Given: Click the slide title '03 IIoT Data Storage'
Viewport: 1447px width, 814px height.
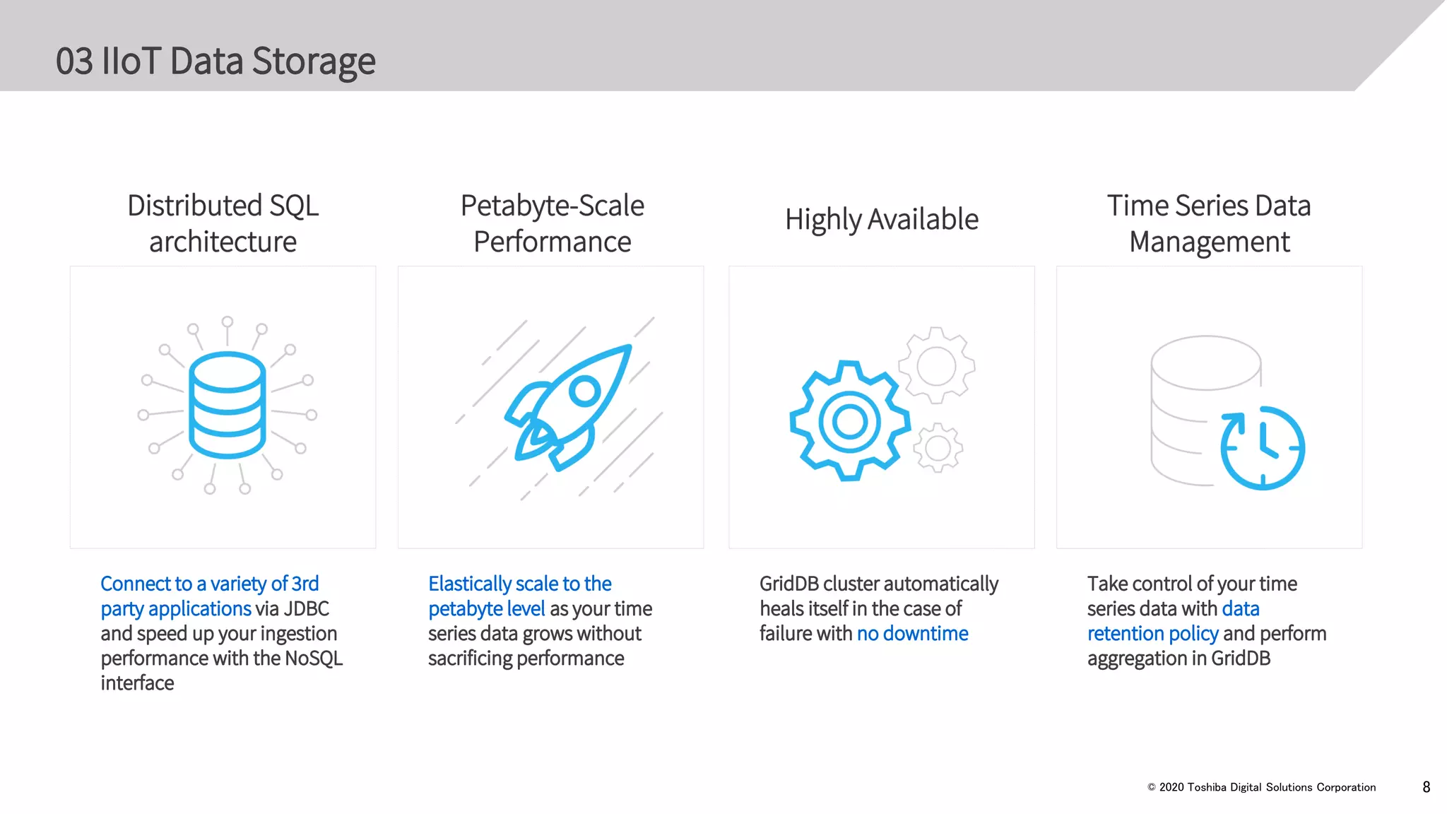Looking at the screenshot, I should [215, 61].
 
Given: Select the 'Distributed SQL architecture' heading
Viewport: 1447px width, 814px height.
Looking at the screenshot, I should [223, 223].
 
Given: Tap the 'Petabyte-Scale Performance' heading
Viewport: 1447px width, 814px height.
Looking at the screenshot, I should [552, 223].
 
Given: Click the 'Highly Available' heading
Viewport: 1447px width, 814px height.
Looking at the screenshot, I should [881, 219].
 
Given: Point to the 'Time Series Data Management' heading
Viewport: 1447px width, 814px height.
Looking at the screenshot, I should [1209, 223].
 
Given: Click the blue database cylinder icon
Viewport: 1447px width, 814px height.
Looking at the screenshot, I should [227, 405].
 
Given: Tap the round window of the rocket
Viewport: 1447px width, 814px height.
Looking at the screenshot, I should [584, 390].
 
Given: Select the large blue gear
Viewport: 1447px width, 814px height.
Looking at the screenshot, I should [849, 422].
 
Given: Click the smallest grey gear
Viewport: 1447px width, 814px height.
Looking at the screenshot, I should [938, 447].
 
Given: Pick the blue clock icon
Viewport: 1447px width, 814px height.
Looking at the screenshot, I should [1263, 447].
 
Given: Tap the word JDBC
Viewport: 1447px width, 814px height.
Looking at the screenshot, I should [306, 608].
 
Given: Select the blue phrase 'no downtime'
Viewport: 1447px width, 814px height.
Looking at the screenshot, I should [912, 633].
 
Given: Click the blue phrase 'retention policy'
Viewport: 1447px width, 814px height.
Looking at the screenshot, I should [1152, 633].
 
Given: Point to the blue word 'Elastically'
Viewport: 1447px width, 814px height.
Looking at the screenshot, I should [469, 584].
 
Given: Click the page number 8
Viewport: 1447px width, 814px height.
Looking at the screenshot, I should [1426, 787].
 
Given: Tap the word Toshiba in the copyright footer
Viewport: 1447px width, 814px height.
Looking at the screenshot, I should [1207, 787].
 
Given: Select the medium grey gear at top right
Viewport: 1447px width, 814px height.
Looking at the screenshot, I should [936, 366].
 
